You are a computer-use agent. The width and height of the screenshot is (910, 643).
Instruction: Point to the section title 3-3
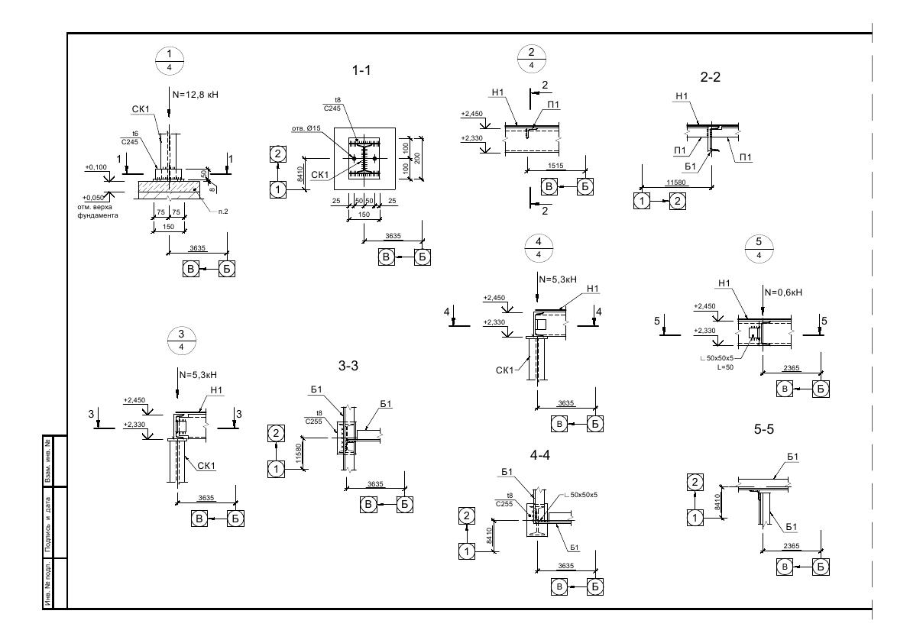(x=348, y=367)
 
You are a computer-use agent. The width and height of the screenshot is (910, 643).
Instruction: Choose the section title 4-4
(x=539, y=455)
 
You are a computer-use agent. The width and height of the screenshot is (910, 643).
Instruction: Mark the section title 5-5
(x=764, y=430)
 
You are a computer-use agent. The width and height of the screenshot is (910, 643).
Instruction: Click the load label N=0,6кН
(x=784, y=291)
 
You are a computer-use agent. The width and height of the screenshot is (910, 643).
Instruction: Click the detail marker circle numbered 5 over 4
(x=759, y=249)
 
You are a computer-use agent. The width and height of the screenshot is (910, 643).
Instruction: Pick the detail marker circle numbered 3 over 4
(x=181, y=341)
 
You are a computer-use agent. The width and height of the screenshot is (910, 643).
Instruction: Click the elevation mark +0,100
(x=97, y=166)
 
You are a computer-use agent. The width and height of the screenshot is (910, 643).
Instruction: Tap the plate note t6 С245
(x=130, y=137)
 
